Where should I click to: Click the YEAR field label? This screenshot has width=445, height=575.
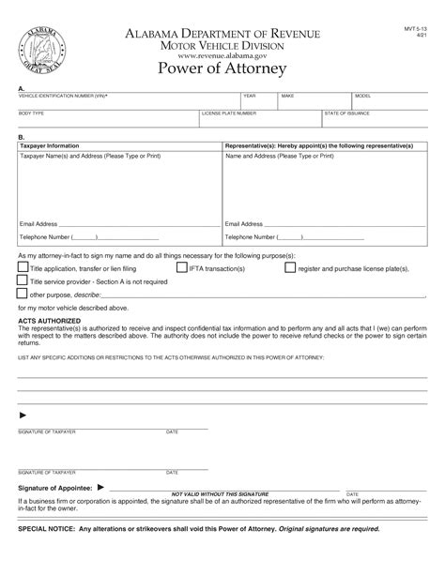249,96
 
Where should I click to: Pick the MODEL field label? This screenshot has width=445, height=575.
363,96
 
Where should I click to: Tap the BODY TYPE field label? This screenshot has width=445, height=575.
31,113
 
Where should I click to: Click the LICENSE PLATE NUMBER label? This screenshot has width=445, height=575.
230,113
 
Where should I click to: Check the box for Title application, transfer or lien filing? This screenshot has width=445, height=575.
23,267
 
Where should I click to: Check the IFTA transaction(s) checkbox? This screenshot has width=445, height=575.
181,267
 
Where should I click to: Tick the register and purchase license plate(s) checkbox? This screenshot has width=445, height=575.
290,267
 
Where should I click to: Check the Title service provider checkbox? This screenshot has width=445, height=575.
23,280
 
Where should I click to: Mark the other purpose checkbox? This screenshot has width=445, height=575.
23,294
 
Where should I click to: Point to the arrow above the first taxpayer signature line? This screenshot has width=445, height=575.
23,415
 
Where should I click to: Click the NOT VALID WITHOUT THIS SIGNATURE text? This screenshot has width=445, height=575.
220,493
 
